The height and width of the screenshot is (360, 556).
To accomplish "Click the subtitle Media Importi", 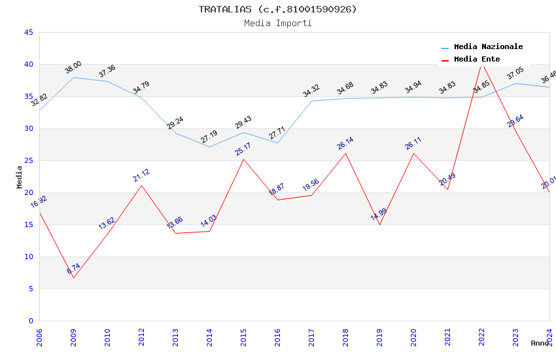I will click(277, 23).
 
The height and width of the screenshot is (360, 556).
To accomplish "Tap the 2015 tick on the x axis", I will click(243, 338).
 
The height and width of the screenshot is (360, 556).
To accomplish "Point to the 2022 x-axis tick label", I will click(481, 338).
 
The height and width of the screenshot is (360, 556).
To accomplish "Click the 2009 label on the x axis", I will click(73, 338).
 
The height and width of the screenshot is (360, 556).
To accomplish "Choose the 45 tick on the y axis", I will click(28, 33).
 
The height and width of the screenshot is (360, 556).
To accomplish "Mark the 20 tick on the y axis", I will click(28, 193).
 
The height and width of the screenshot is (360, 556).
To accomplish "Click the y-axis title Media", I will click(20, 177).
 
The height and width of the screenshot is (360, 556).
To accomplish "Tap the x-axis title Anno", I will click(540, 343).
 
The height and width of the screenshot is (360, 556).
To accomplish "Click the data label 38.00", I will click(73, 67).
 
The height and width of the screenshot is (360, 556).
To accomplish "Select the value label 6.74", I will click(73, 268).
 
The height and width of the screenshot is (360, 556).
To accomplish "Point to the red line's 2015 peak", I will click(243, 159).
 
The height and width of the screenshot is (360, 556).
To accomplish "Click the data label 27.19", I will click(209, 137).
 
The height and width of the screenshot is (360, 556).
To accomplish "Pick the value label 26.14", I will click(345, 143).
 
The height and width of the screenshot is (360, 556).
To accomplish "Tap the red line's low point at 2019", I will click(379, 225).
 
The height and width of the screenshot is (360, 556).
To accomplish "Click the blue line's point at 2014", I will click(209, 147).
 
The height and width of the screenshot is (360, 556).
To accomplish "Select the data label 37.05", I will click(515, 73).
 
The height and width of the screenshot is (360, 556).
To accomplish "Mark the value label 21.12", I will click(141, 175).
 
